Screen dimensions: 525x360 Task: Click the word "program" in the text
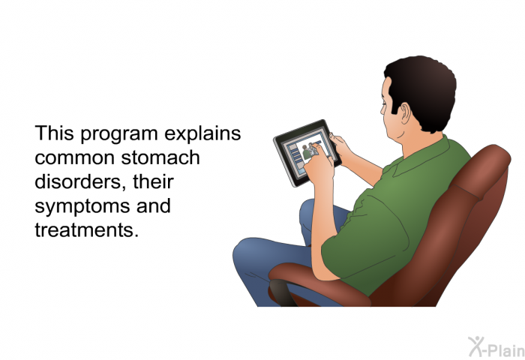(x=118, y=134)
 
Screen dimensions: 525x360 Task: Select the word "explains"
(x=202, y=134)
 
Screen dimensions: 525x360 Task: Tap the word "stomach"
(x=160, y=157)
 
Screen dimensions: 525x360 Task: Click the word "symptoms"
(x=82, y=207)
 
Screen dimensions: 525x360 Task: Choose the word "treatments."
(x=87, y=230)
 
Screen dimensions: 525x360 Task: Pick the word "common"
(x=75, y=158)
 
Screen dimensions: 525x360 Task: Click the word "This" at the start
(x=54, y=133)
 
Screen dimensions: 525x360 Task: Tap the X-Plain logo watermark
(x=496, y=347)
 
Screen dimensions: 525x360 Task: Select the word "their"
(x=153, y=181)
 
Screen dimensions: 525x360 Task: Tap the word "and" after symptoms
(x=154, y=205)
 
